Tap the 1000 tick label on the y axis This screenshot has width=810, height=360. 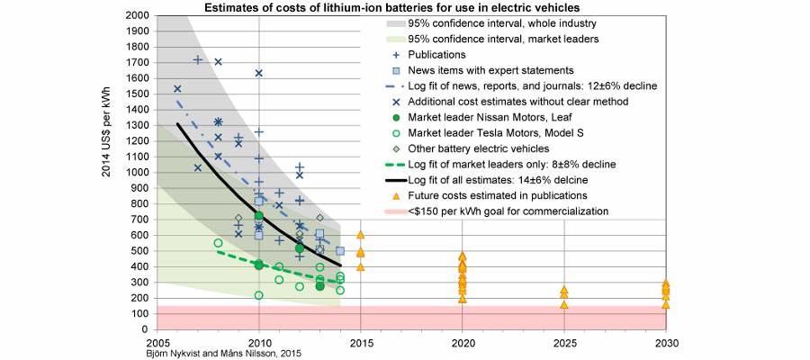pyautogui.click(x=137, y=173)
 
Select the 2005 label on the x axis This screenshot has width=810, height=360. pyautogui.click(x=157, y=343)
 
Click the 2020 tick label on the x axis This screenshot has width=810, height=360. pyautogui.click(x=462, y=343)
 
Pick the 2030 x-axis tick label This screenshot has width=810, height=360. pyautogui.click(x=665, y=343)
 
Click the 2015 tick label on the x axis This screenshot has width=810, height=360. pyautogui.click(x=360, y=343)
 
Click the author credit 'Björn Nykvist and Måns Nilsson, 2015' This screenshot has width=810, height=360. pyautogui.click(x=224, y=354)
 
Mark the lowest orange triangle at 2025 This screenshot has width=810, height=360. pyautogui.click(x=564, y=304)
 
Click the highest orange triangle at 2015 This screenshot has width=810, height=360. pyautogui.click(x=360, y=235)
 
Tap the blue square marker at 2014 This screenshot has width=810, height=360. pyautogui.click(x=340, y=251)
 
